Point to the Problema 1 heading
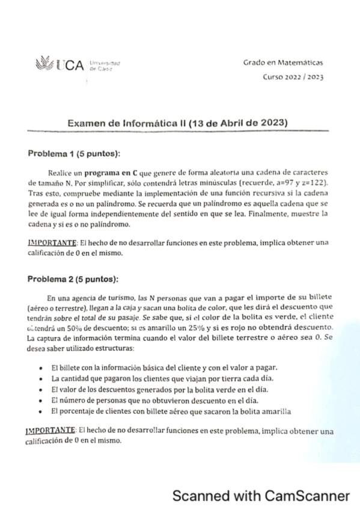tap(74, 153)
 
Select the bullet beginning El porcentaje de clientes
tap(171, 412)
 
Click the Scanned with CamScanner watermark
tap(261, 496)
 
